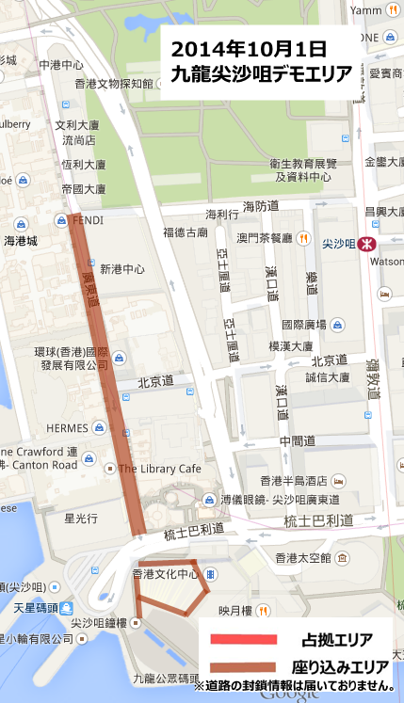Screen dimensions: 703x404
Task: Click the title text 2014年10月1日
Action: click(x=249, y=48)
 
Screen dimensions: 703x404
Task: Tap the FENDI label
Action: click(x=89, y=220)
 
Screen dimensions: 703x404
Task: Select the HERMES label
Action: click(x=67, y=427)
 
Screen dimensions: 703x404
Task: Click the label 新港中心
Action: click(x=122, y=268)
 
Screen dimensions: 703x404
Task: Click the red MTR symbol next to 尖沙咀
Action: click(x=368, y=242)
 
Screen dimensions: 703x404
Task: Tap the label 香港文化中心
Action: click(x=165, y=573)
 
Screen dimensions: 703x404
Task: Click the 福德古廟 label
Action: click(x=186, y=232)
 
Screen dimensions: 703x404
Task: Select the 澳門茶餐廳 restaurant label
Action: click(x=265, y=238)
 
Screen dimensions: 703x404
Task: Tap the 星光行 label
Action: click(x=81, y=518)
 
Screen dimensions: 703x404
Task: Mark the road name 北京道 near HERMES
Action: click(x=155, y=381)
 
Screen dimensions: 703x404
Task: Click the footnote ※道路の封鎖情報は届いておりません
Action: click(x=294, y=685)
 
